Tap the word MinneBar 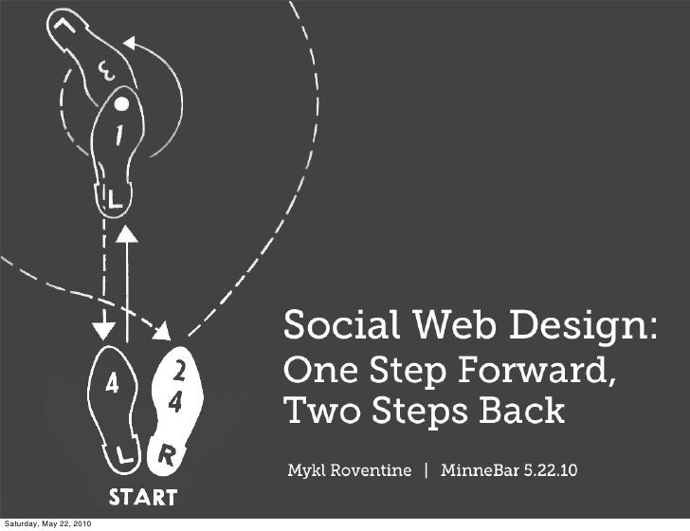pyautogui.click(x=480, y=471)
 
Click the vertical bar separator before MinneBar pyautogui.click(x=426, y=471)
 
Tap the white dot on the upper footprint pyautogui.click(x=121, y=104)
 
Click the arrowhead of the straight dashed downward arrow pyautogui.click(x=99, y=332)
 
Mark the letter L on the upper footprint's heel pyautogui.click(x=114, y=198)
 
